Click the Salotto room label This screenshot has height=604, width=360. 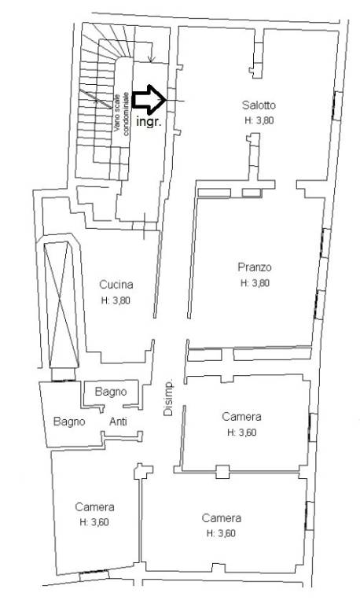click(x=259, y=105)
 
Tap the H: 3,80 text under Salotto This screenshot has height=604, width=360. click(x=259, y=120)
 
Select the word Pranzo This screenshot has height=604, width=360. click(x=255, y=267)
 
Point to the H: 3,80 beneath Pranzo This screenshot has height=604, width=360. click(x=255, y=283)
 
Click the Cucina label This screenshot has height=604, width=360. click(x=116, y=285)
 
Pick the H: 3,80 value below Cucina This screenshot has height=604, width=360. click(x=116, y=301)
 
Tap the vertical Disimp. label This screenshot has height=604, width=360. click(x=168, y=399)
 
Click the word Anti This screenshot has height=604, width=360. click(x=118, y=422)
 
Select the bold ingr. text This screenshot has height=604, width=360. click(x=149, y=122)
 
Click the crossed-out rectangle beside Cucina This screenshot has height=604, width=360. click(x=61, y=304)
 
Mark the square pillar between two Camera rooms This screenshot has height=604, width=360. click(x=222, y=472)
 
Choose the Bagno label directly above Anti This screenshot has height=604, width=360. click(x=111, y=392)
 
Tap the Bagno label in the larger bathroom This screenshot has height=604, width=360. click(x=69, y=422)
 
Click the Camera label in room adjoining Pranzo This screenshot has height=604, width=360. click(x=241, y=417)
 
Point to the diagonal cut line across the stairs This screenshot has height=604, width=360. click(x=95, y=99)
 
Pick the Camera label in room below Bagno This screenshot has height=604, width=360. click(x=95, y=507)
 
